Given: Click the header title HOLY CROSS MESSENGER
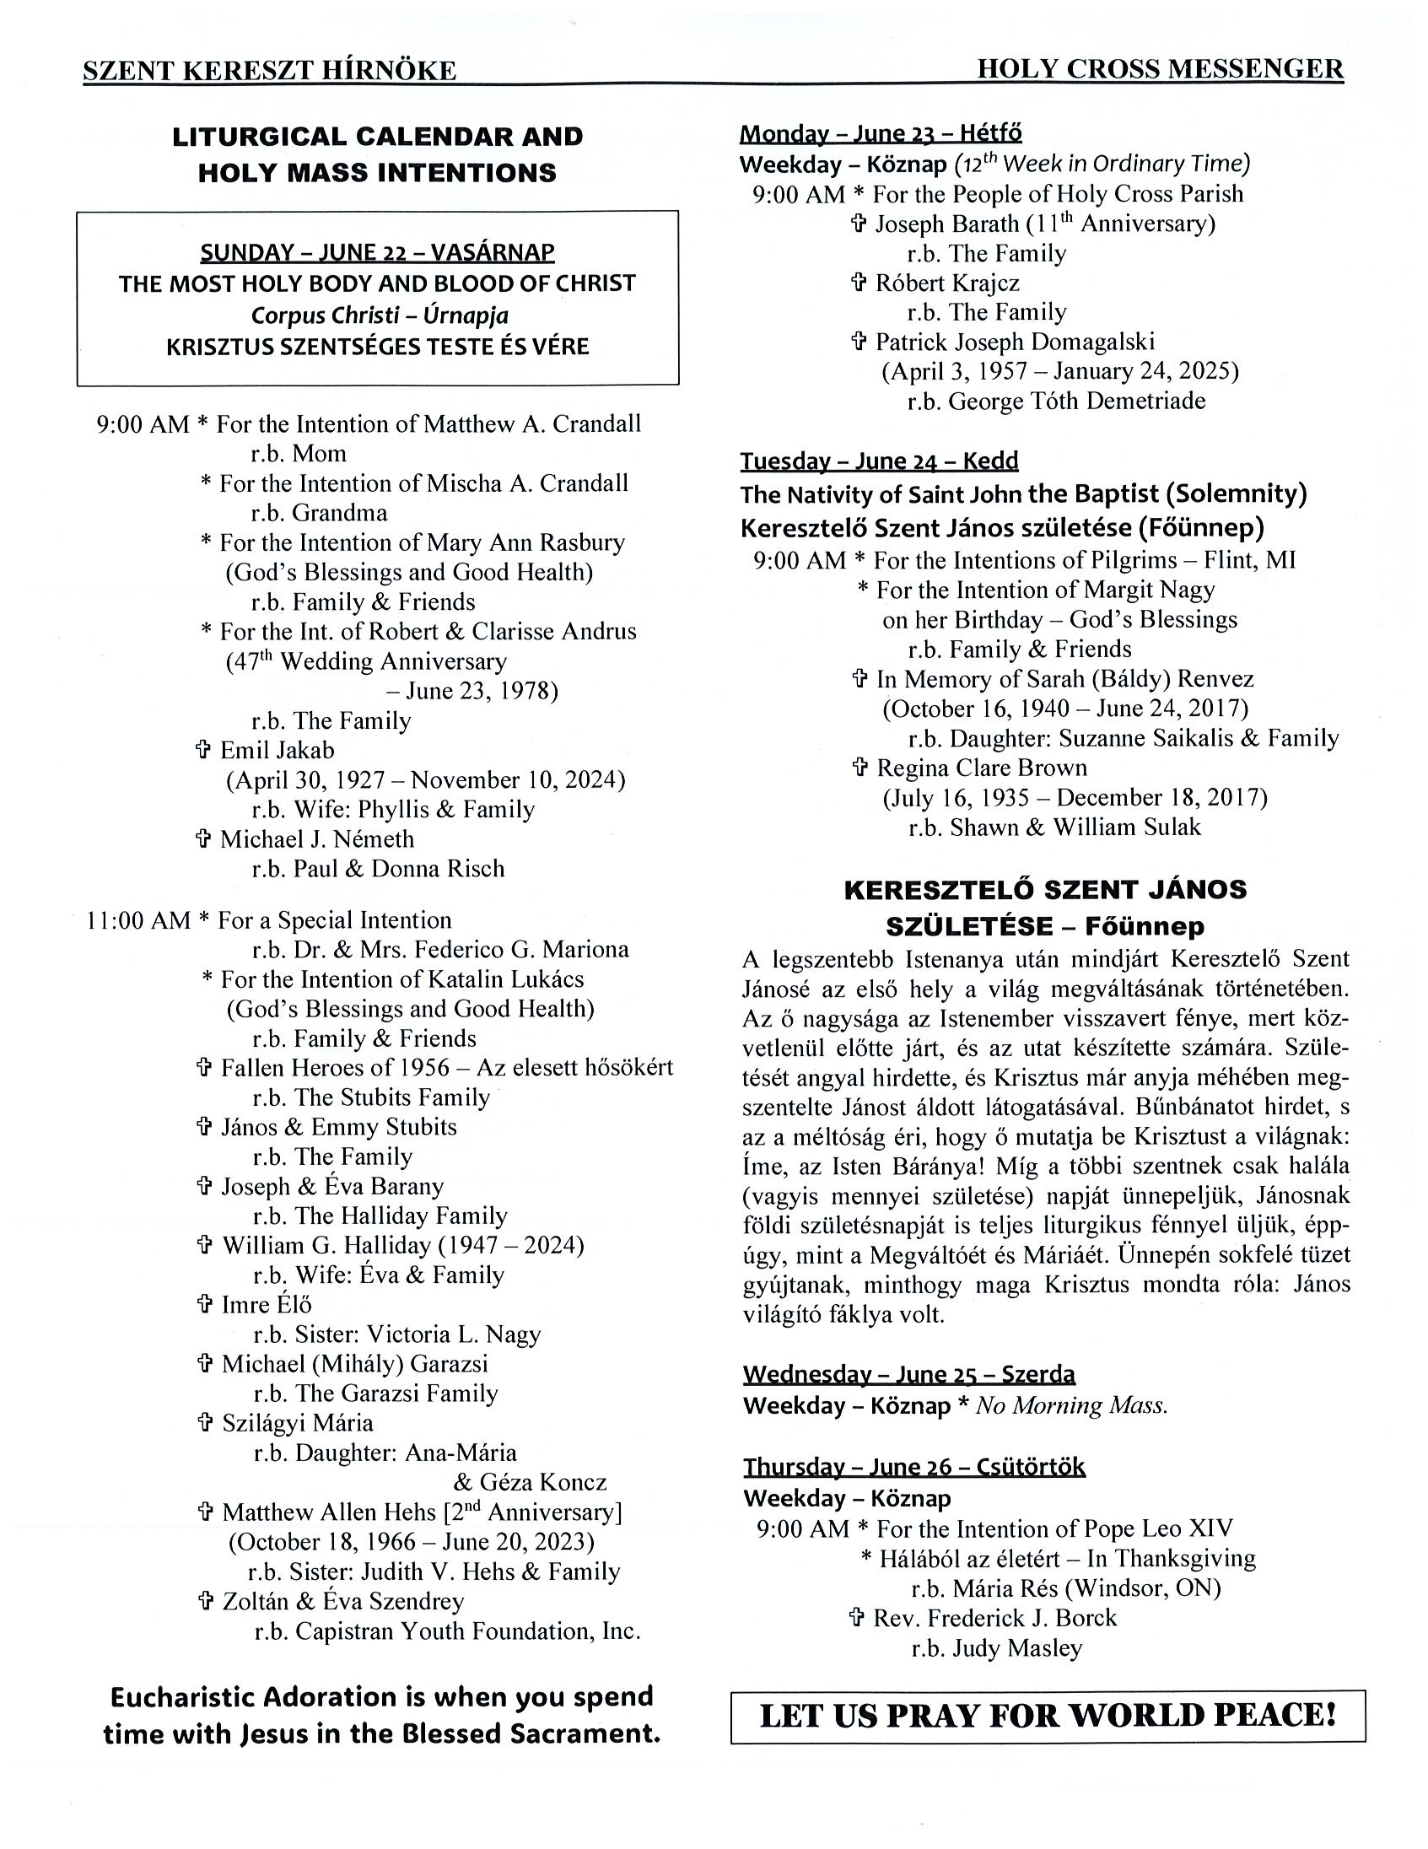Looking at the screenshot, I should tap(1160, 69).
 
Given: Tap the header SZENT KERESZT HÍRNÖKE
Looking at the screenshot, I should tap(269, 71).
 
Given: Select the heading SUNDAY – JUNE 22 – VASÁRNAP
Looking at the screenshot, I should tap(378, 252).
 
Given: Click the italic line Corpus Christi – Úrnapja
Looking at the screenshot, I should tap(380, 315).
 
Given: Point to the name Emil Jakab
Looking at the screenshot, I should tap(277, 750).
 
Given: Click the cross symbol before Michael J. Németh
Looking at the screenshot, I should tap(203, 839).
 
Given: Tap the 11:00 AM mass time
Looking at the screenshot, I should tap(138, 920).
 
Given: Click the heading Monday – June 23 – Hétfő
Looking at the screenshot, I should tap(881, 133).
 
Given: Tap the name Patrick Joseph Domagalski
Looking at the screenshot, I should tap(1015, 342).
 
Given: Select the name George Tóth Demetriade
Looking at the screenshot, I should tap(1077, 401).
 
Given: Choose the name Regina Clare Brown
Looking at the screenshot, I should tap(982, 768).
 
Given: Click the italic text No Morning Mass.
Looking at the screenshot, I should tap(1072, 1405).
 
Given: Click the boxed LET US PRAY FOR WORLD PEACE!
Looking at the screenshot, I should tap(1048, 1715).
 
